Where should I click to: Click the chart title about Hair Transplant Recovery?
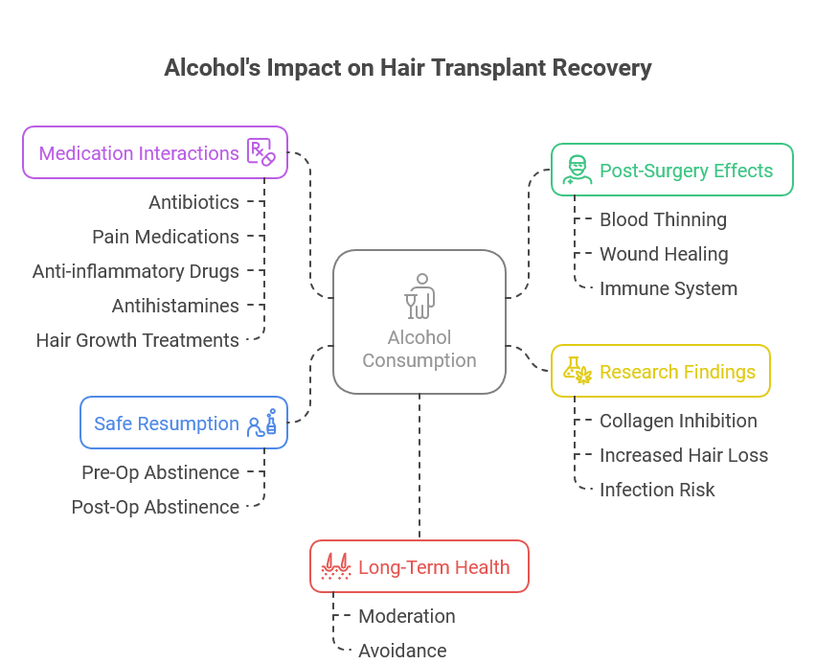[408, 68]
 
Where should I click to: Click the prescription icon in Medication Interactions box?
[261, 152]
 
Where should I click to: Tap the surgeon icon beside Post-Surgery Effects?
[575, 171]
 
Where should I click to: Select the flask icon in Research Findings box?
[575, 371]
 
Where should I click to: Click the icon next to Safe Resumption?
[262, 423]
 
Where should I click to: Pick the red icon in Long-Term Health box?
[333, 566]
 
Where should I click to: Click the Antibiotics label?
[193, 202]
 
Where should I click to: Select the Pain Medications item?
[166, 237]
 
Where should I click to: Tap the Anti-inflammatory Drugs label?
[136, 271]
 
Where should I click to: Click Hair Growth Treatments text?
[138, 340]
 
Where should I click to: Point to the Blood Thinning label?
[663, 219]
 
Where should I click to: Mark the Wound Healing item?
[664, 254]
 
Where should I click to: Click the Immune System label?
[669, 288]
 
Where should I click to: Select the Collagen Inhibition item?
[678, 421]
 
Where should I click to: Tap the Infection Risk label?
[657, 490]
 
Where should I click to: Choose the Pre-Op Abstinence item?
[160, 472]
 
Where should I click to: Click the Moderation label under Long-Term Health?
[407, 616]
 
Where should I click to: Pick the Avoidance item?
[402, 651]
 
